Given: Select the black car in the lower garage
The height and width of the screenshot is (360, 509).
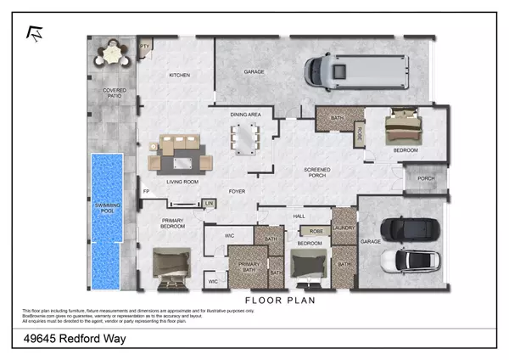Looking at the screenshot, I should (409, 230).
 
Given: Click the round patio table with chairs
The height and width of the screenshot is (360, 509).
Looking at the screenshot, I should (110, 55).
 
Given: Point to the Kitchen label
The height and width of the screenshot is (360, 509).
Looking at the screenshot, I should (179, 76).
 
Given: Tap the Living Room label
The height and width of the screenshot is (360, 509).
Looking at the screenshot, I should (182, 182).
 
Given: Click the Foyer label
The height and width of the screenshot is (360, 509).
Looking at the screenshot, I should (237, 191).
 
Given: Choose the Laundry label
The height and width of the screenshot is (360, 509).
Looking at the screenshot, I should (344, 228).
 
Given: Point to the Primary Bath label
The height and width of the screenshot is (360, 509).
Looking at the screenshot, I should (249, 267).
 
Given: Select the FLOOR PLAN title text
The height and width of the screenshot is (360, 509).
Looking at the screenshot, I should (281, 300).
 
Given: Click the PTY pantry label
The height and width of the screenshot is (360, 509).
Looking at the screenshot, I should (143, 48).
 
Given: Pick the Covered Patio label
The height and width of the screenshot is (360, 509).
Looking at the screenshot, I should (112, 93).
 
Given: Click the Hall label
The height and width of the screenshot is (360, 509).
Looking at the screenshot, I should (299, 216).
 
